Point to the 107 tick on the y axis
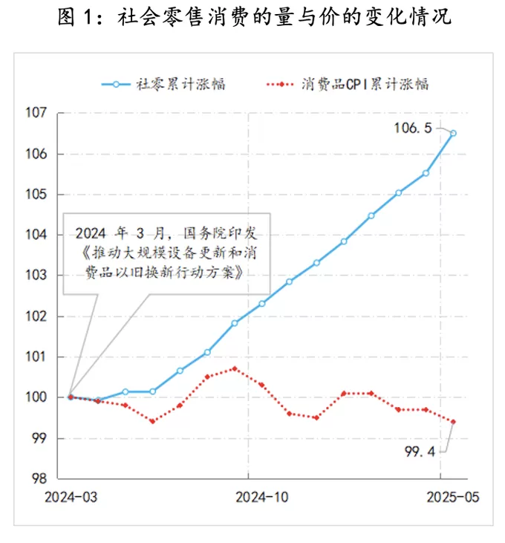pyautogui.click(x=38, y=114)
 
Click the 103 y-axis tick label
pyautogui.click(x=38, y=276)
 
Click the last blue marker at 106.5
pyautogui.click(x=454, y=134)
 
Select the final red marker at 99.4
pyautogui.click(x=454, y=421)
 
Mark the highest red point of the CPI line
pyautogui.click(x=235, y=368)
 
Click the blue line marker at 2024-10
pyautogui.click(x=262, y=303)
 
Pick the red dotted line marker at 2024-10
pyautogui.click(x=262, y=385)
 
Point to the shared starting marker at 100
pyautogui.click(x=70, y=397)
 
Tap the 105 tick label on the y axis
pyautogui.click(x=38, y=195)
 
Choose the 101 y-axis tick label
pyautogui.click(x=38, y=357)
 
